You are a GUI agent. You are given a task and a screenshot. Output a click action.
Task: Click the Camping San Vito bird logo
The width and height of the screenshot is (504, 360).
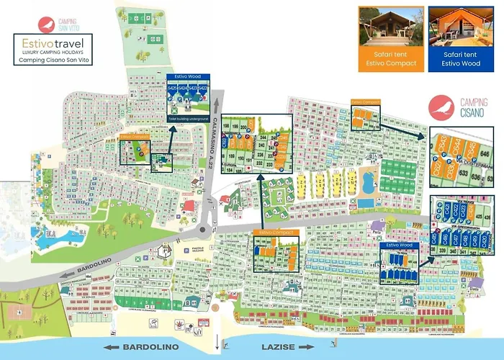[x=49, y=22]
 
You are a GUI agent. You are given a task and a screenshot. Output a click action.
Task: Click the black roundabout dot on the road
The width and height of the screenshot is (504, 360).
[x=202, y=231]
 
